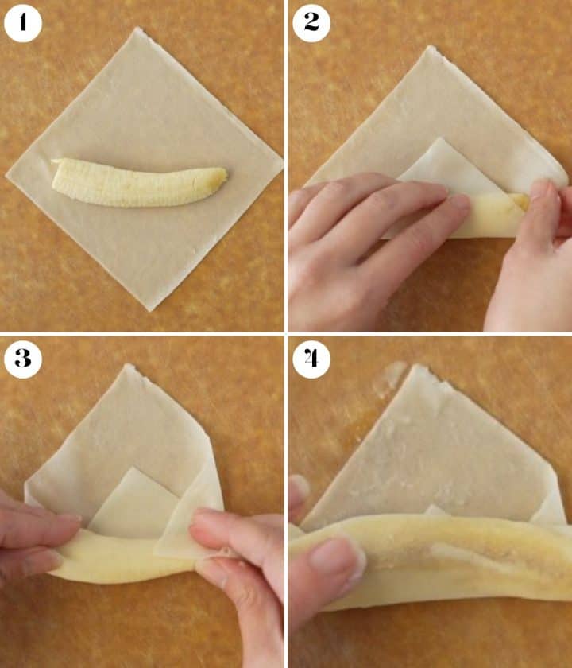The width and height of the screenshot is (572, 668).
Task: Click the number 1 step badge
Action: [22, 23]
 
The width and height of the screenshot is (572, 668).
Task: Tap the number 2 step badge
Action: [311, 23]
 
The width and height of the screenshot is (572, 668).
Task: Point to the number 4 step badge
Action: [311, 359]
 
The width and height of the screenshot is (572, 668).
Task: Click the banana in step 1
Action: [138, 183]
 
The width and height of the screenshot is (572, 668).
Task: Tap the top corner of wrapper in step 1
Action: [138, 28]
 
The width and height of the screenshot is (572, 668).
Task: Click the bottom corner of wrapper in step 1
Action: [150, 310]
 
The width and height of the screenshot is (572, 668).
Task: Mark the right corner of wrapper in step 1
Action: [282, 162]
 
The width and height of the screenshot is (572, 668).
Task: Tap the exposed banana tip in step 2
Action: [521, 200]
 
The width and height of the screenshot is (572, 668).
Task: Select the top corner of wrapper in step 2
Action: [431, 47]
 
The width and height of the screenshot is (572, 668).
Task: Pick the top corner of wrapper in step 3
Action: [128, 365]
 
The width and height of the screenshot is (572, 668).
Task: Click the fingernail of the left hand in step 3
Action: [68, 518]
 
